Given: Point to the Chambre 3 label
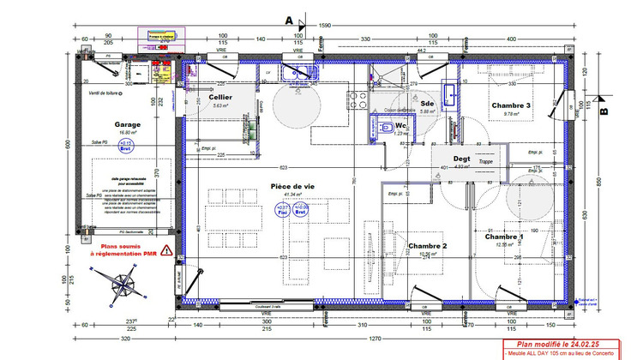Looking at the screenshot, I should pos(511,105).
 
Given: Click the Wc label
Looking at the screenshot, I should pos(400,125).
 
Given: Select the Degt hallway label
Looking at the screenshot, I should pos(462,159).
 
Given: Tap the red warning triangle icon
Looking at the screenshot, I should pos(166,250).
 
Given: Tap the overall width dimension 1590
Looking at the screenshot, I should pos(326,27).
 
